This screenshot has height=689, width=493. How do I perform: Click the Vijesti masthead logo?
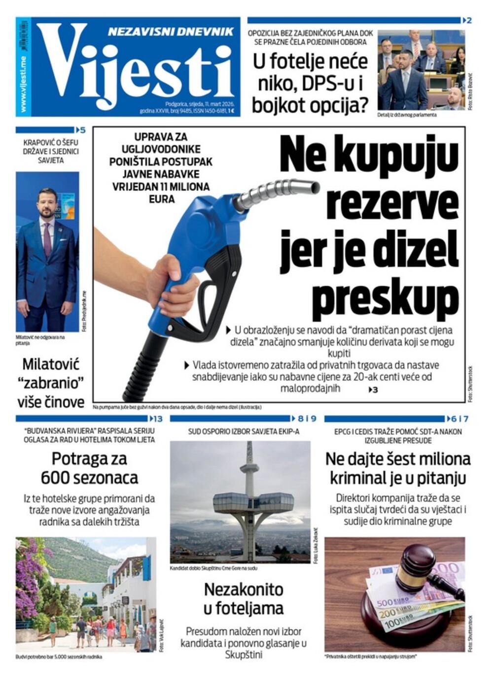pyautogui.click(x=133, y=69)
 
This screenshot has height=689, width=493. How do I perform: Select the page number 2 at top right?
pyautogui.click(x=469, y=20)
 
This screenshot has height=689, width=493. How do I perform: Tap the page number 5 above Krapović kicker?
pyautogui.click(x=82, y=130)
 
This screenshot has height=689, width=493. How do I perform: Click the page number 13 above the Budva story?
pyautogui.click(x=157, y=419)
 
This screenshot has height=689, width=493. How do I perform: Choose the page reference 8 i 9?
pyautogui.click(x=307, y=419)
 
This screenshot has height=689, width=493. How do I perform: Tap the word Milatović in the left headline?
pyautogui.click(x=51, y=364)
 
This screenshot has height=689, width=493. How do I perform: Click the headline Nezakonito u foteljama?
pyautogui.click(x=244, y=598)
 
